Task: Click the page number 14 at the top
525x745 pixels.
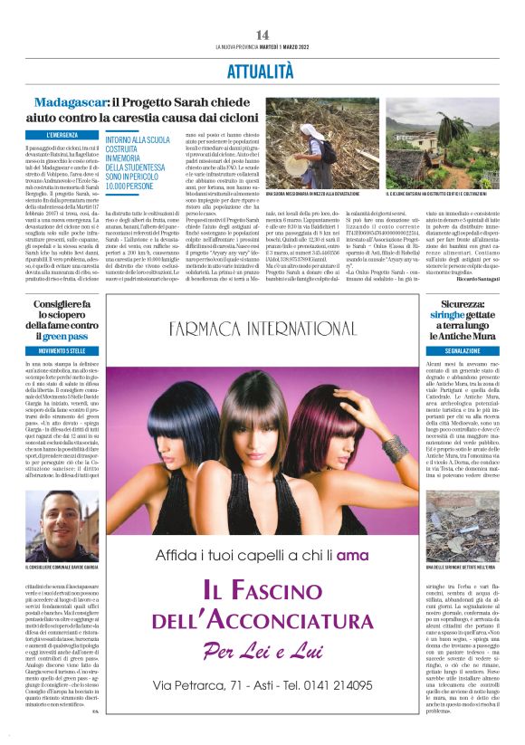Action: [x=262, y=33]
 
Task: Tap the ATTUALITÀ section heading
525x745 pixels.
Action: [x=262, y=69]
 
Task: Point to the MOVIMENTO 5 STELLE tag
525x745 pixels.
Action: [x=61, y=350]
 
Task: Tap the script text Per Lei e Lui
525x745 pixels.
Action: [x=262, y=676]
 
